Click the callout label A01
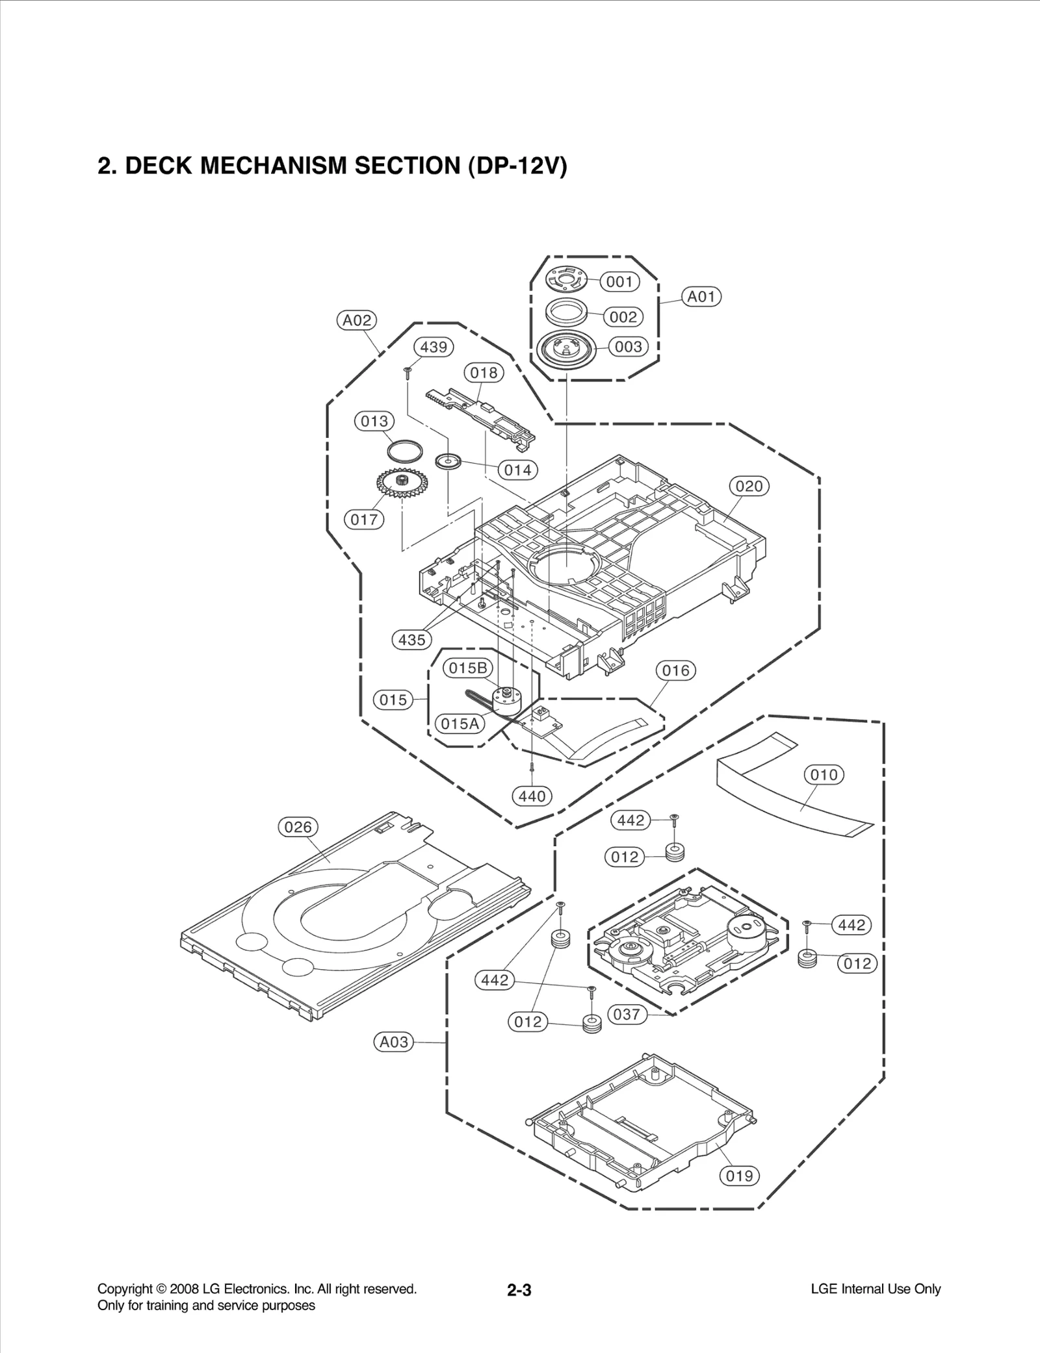coord(701,297)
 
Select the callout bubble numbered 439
coord(434,347)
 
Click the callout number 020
coord(749,486)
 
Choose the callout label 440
coord(532,796)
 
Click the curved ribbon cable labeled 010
coord(793,798)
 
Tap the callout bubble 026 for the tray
coord(298,827)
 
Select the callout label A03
coord(394,1042)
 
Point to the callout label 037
coord(627,1014)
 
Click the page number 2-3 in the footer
coord(519,1290)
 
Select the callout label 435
coord(411,640)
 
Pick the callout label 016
coord(675,670)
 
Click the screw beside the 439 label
coord(407,372)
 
